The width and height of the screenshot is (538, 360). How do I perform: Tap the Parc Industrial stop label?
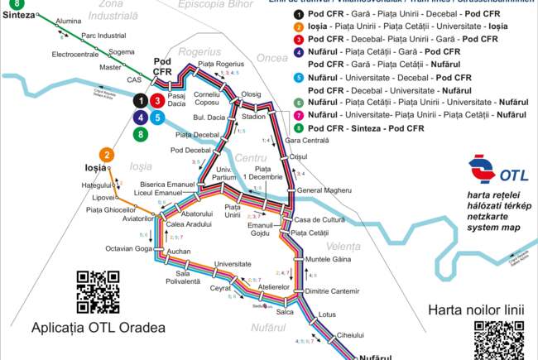click(103, 36)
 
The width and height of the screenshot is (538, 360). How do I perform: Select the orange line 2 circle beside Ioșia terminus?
click(106, 154)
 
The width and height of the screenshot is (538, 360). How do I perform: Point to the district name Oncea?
click(272, 59)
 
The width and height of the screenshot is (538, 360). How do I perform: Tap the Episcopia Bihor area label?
click(203, 5)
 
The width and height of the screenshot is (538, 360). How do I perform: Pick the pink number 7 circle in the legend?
click(298, 113)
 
